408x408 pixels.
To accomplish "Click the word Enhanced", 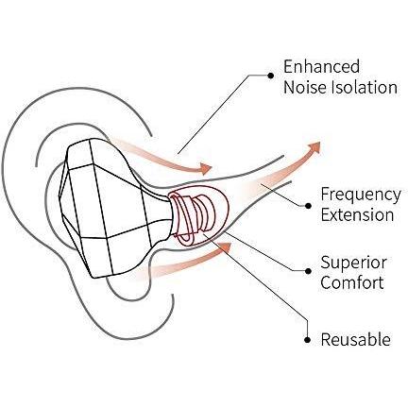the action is tap(321, 66).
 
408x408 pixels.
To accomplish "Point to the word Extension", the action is tap(357, 215).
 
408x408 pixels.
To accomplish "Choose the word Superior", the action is tap(354, 263).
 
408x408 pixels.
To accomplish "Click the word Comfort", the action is tap(352, 282).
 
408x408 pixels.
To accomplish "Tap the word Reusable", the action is tap(356, 340).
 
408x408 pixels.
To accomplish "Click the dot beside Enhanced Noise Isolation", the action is tap(270, 76).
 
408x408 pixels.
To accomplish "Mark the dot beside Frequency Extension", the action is tap(308, 206).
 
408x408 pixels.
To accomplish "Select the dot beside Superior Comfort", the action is tap(308, 271).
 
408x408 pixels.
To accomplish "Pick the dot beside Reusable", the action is tap(308, 340).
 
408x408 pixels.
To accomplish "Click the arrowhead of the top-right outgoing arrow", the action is tap(314, 147).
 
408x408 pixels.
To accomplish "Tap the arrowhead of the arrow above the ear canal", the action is tap(205, 169).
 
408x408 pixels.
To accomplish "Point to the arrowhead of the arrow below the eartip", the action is tap(226, 247).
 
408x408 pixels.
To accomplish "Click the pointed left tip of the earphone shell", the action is tap(59, 195).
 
